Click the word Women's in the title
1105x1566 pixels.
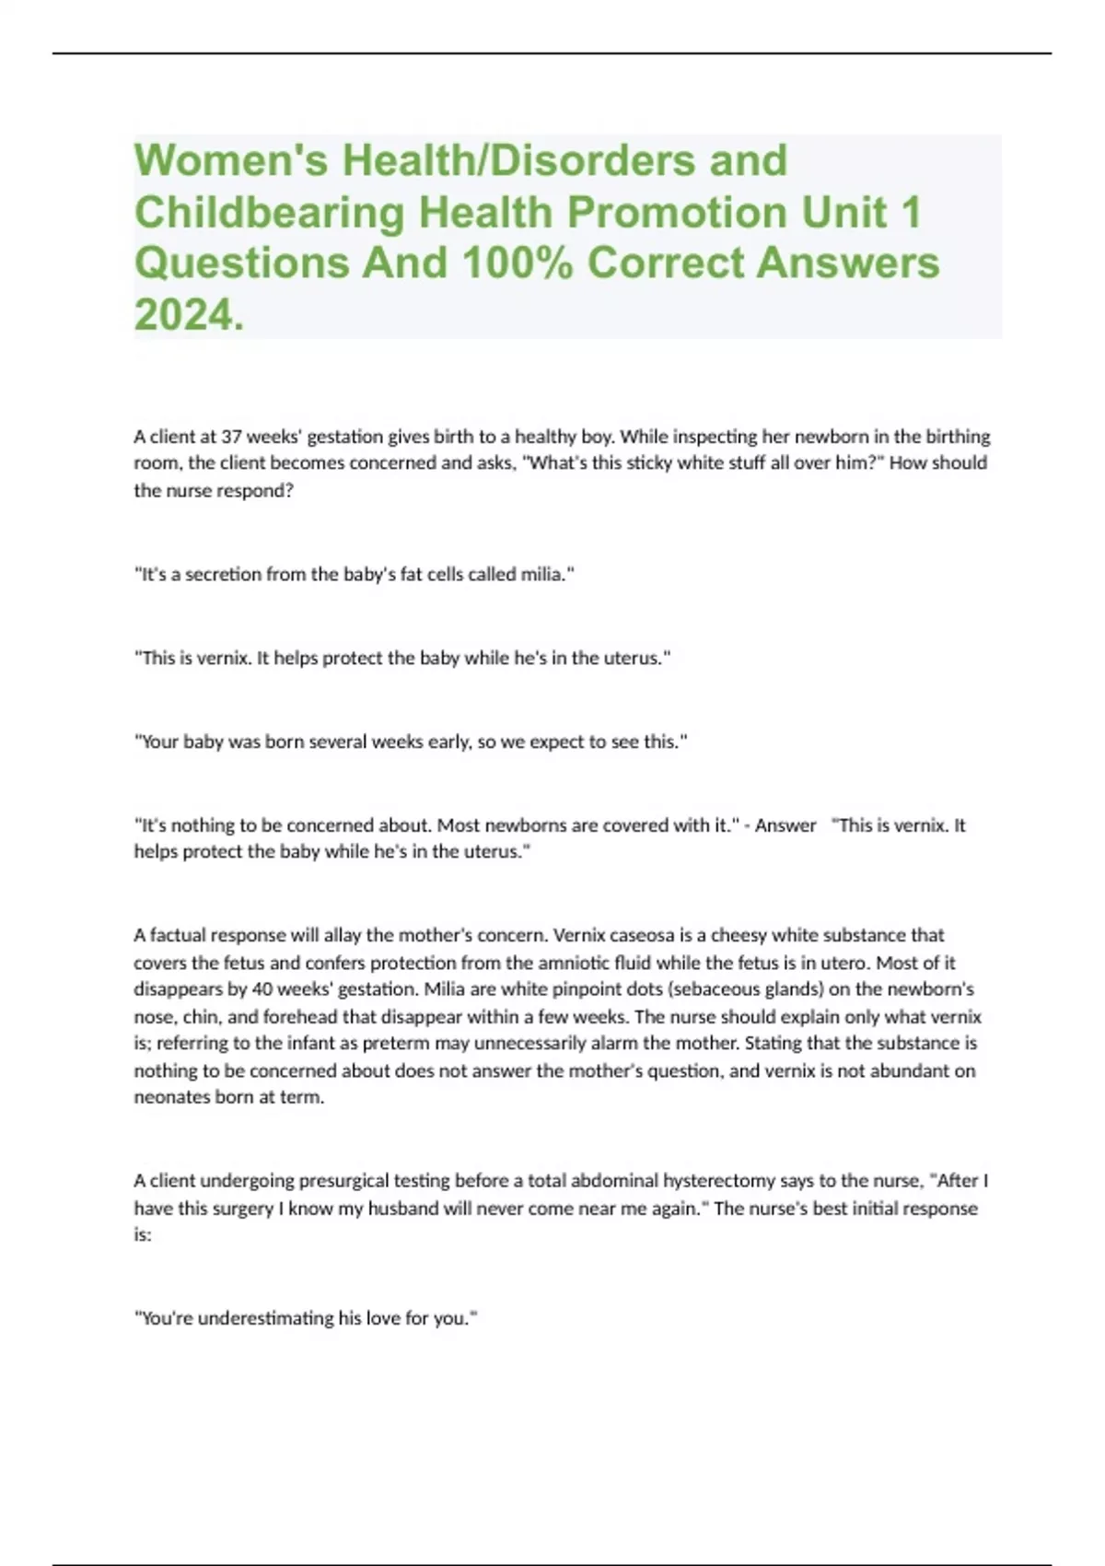click(x=231, y=160)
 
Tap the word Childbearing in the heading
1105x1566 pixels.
click(x=270, y=212)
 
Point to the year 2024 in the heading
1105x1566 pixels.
click(x=183, y=314)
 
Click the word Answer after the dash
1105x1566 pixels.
click(x=785, y=825)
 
